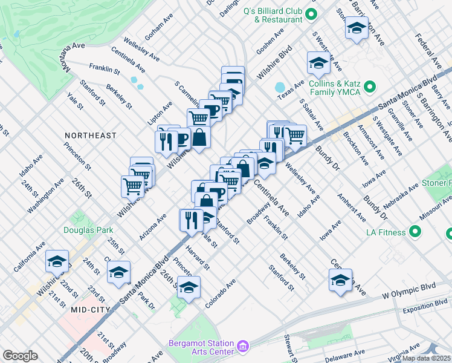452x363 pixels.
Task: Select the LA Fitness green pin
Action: (415, 232)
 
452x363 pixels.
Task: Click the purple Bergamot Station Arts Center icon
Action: (243, 345)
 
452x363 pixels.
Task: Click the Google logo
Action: (20, 356)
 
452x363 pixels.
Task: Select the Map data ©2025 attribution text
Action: (426, 358)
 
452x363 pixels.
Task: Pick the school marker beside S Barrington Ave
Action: (357, 28)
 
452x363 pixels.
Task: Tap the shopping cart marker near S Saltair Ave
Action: (295, 135)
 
